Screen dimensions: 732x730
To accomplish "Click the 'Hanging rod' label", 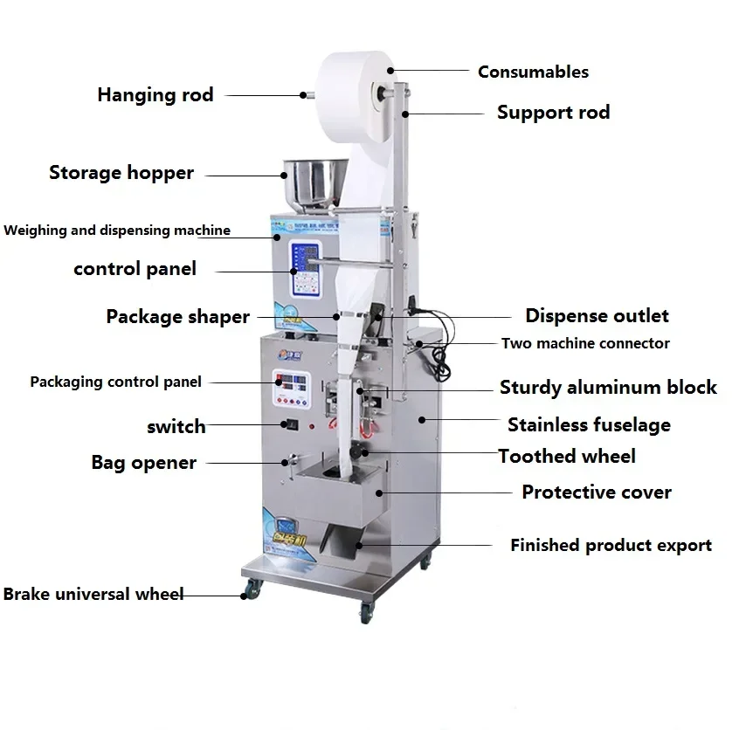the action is coord(155,95).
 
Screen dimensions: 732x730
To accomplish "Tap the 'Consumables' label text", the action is coord(533,72).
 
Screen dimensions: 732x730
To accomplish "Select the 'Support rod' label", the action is coord(553,113).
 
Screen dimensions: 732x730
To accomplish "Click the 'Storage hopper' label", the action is coord(121,173).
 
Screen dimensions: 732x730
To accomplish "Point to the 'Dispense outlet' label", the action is coord(597,316).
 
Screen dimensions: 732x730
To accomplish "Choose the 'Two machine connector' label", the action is coord(585,343).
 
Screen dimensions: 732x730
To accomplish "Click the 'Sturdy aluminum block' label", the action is coord(608,387).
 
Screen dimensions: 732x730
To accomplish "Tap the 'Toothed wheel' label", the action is coord(567,456).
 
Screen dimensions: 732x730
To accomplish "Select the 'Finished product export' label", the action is coord(611,546).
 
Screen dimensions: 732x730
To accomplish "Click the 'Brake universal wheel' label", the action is coord(93,595).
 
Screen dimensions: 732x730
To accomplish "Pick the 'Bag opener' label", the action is coord(144,463).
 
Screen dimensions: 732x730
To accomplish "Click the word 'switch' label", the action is coord(176,427).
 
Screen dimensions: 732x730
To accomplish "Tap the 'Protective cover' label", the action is coord(597,492).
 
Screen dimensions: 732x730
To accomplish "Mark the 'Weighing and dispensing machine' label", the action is coord(117,231).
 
